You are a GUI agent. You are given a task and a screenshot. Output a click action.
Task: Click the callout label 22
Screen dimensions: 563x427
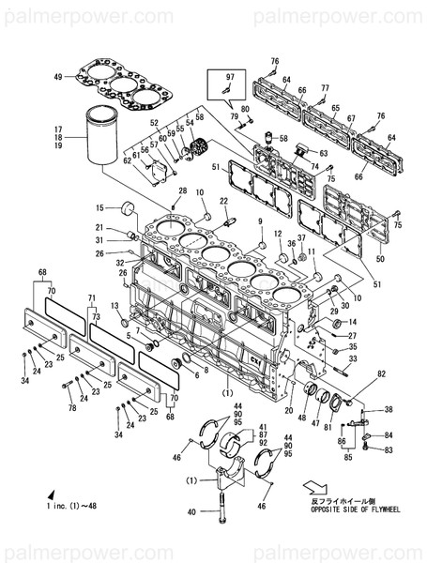[x=224, y=200]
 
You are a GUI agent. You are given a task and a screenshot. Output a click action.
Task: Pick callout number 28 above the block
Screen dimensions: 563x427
[x=182, y=191]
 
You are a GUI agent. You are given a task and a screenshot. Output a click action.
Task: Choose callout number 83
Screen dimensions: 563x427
[x=389, y=450]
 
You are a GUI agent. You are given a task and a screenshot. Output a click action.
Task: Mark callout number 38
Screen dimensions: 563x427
[x=389, y=410]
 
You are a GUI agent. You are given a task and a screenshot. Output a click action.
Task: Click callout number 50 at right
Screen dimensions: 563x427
[x=380, y=258]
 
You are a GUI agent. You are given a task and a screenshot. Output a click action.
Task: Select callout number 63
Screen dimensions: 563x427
[x=324, y=152]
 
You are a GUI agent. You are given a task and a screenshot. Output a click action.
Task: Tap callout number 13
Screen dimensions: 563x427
[x=113, y=307]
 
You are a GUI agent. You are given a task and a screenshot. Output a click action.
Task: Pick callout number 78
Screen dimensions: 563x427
[x=72, y=409]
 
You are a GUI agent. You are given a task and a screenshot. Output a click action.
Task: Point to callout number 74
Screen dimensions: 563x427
[x=315, y=166]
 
